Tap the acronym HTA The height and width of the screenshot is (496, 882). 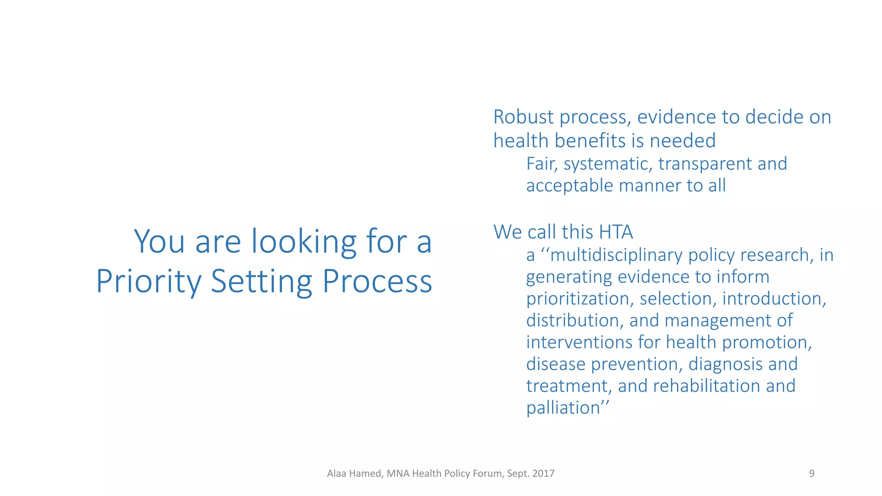click(x=616, y=232)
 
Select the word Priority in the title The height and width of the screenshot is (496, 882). click(x=149, y=282)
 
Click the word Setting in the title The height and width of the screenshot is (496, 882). click(x=261, y=282)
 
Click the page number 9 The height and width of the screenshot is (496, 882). click(x=811, y=474)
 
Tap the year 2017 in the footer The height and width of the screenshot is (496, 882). click(x=543, y=474)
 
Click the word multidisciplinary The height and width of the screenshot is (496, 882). click(x=616, y=255)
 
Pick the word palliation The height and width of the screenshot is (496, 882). click(x=563, y=408)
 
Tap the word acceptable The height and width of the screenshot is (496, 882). click(x=569, y=186)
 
